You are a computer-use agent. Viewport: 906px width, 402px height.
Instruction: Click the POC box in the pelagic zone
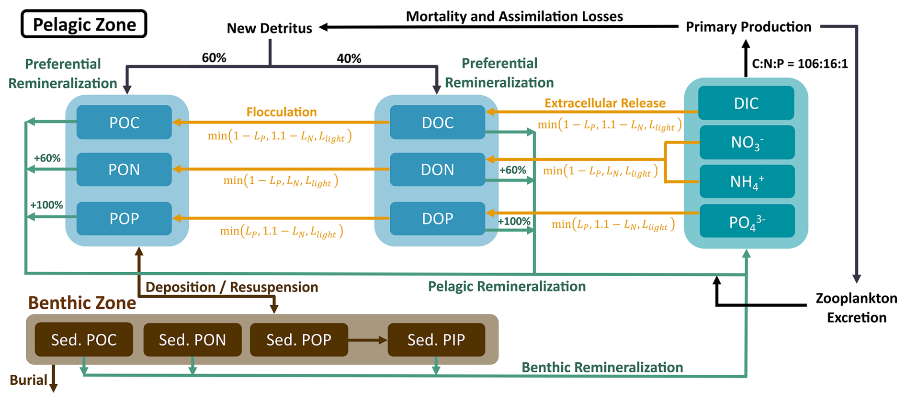pos(124,123)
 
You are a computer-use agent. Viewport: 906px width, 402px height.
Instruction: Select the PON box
pos(124,169)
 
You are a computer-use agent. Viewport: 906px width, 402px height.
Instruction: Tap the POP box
pos(124,219)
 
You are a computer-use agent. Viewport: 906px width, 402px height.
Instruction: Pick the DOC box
pos(438,123)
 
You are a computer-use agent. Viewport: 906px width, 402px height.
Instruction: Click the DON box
pos(438,169)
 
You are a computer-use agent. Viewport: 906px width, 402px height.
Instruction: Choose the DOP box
pos(438,219)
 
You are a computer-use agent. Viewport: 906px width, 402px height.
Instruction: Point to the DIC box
pos(746,103)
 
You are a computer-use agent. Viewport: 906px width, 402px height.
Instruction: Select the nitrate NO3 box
pos(747,143)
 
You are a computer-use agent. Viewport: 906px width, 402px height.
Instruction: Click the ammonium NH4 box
pos(747,181)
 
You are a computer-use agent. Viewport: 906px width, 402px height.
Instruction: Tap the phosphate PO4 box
pos(747,221)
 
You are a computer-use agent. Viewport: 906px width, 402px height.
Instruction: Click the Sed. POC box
pos(84,340)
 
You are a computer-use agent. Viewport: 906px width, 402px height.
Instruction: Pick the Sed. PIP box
pos(436,340)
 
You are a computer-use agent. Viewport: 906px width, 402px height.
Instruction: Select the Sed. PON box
pos(193,340)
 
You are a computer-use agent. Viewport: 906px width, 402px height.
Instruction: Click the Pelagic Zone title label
pos(84,24)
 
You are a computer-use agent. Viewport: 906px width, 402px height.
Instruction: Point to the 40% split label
pos(349,58)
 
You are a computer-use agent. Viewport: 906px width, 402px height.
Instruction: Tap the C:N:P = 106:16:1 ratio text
pos(800,64)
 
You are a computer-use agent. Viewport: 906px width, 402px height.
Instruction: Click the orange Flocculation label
pos(282,112)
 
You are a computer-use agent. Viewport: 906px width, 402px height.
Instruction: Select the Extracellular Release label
pos(605,103)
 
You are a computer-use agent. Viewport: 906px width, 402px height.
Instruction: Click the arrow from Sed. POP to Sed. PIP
pos(367,340)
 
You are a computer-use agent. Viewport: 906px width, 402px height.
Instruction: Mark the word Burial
pos(29,380)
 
